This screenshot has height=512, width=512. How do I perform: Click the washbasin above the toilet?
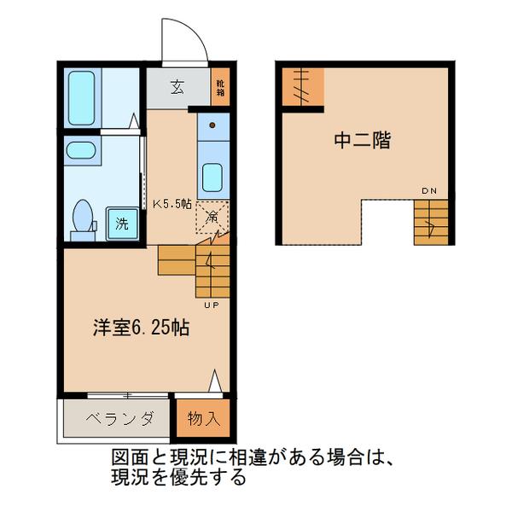click(x=82, y=154)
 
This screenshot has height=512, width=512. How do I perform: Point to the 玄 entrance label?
click(x=177, y=87)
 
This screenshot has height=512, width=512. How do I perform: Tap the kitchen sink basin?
click(x=212, y=178)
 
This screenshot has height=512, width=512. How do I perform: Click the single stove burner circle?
click(x=212, y=126)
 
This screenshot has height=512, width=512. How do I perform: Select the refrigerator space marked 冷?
click(x=212, y=218)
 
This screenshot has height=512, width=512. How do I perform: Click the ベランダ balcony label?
click(x=120, y=418)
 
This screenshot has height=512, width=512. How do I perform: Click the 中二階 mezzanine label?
click(x=362, y=142)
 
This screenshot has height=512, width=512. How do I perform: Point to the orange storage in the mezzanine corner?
click(x=303, y=88)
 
